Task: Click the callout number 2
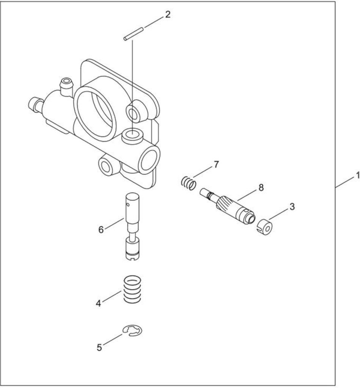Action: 168,15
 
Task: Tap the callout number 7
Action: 216,164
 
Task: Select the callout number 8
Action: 261,188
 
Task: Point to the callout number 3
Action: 292,207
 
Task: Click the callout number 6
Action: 101,230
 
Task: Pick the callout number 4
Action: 99,303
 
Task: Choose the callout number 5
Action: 99,347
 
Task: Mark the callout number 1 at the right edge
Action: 357,176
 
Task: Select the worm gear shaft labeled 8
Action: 227,205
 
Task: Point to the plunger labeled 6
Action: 133,226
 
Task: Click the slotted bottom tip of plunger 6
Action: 133,258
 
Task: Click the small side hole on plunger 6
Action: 128,204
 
